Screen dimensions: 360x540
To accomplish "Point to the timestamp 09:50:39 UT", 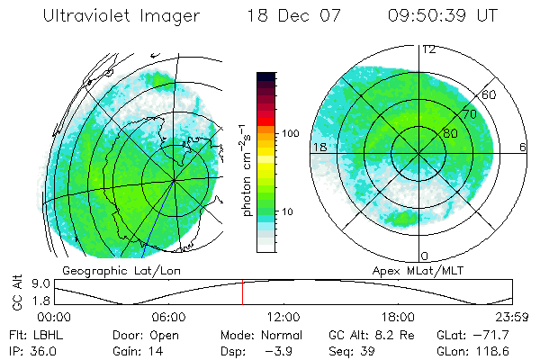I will click(444, 16).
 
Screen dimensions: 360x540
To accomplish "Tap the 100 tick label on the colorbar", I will click(290, 133).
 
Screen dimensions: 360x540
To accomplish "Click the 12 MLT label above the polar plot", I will click(429, 49).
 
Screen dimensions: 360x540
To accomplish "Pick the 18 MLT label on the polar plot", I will click(319, 147).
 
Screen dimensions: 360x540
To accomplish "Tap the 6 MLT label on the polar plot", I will click(522, 147).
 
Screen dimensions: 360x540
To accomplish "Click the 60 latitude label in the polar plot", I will click(490, 94).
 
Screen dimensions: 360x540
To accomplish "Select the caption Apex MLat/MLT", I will click(411, 270).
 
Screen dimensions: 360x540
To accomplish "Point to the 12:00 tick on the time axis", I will click(283, 317).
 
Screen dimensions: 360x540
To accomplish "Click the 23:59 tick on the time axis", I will click(511, 317).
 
